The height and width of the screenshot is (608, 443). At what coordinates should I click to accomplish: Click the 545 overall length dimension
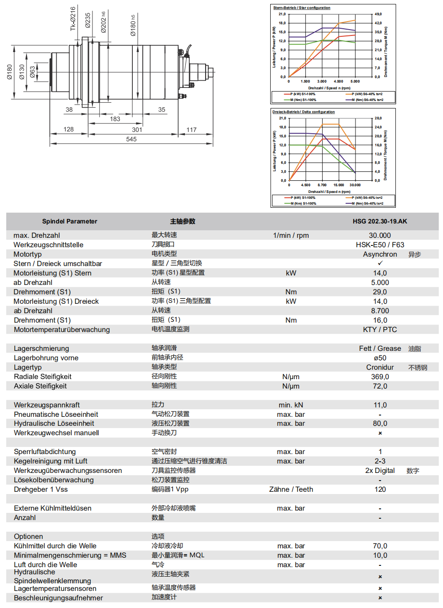(131, 139)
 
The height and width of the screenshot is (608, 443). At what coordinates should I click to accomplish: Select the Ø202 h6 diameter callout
(104, 22)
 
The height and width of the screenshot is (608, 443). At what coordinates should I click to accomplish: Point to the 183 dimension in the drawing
(115, 119)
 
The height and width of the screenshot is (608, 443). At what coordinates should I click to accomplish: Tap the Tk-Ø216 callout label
(73, 19)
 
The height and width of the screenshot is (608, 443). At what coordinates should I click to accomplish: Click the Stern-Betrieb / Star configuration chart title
(302, 8)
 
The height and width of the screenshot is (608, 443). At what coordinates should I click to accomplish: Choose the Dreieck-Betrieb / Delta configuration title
(303, 112)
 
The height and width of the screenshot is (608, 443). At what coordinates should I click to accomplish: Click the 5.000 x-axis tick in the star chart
(355, 81)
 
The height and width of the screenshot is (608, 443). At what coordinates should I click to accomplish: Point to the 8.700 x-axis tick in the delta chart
(322, 185)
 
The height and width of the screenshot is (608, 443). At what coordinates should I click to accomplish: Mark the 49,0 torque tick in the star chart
(378, 14)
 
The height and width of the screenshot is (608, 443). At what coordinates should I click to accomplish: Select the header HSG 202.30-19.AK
(380, 221)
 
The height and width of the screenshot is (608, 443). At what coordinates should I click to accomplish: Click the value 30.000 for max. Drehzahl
(380, 235)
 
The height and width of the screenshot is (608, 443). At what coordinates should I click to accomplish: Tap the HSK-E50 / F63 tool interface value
(380, 245)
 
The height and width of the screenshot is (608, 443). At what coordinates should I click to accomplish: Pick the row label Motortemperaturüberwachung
(61, 329)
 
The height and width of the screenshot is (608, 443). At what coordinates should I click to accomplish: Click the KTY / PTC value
(380, 329)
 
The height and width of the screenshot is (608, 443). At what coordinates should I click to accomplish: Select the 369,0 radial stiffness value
(380, 376)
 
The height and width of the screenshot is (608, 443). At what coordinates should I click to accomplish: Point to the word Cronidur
(380, 367)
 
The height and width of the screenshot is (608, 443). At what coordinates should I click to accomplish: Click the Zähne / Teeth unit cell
(291, 489)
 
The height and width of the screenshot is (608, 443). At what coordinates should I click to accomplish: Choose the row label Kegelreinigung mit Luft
(50, 461)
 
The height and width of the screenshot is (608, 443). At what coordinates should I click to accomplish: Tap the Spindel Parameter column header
(70, 221)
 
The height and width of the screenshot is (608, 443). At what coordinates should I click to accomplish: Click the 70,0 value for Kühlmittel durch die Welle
(380, 546)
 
